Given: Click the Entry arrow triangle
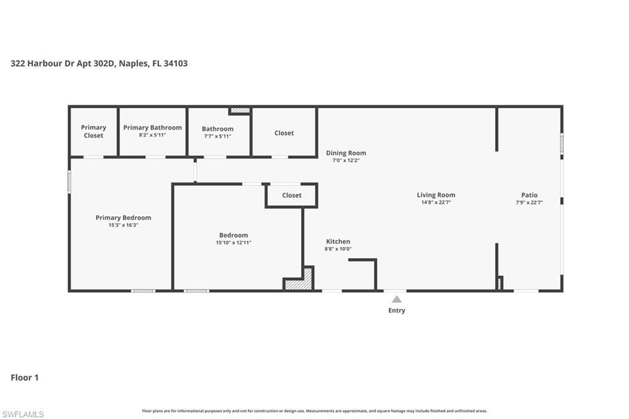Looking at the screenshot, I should [397, 299].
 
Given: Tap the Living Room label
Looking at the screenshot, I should [436, 195].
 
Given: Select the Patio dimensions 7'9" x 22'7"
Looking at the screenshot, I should [529, 202].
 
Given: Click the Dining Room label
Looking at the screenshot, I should [346, 153].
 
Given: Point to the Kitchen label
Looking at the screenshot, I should [338, 241].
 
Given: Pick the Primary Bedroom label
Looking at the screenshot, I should [123, 217].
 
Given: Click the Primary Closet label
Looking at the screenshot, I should [93, 131].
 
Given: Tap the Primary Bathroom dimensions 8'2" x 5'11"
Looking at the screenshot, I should [152, 135].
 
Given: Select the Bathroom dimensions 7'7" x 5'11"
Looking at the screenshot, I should [217, 136].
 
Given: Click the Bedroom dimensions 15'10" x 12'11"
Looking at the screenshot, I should [233, 243].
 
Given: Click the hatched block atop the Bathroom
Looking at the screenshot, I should [240, 111].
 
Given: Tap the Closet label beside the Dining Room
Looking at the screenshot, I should [284, 133].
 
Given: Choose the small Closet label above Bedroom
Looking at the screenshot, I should [292, 195].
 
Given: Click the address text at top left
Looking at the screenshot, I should [99, 63].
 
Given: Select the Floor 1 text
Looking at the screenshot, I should [25, 378].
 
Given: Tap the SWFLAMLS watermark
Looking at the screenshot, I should [23, 414].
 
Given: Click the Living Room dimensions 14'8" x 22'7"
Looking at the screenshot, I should [436, 202].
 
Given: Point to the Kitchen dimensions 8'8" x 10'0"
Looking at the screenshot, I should [338, 249].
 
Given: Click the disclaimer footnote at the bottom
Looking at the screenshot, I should [314, 411].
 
